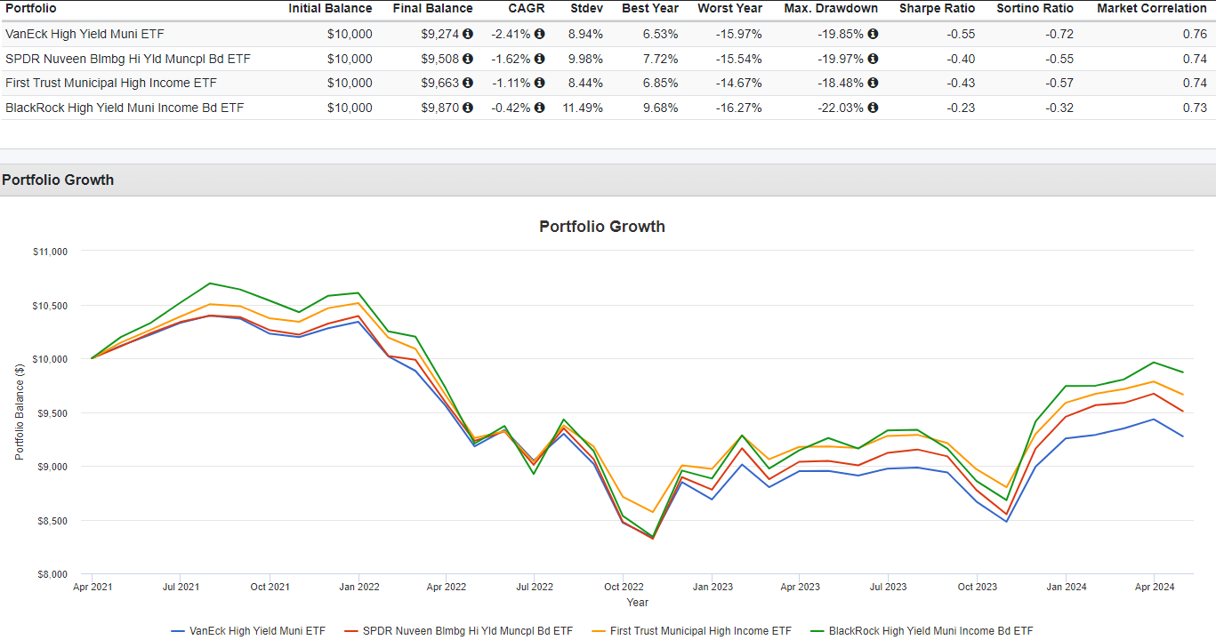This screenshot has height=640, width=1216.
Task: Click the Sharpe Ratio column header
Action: (937, 8)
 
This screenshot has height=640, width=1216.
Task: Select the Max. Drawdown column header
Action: (831, 8)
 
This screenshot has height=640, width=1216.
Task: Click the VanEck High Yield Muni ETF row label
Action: (85, 35)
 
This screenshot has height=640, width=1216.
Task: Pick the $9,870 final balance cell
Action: (440, 108)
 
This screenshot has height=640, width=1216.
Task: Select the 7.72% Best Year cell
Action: (659, 60)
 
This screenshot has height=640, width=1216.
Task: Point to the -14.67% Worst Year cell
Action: (738, 84)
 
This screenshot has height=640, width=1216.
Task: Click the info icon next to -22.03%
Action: (873, 108)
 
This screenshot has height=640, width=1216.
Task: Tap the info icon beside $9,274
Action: (468, 35)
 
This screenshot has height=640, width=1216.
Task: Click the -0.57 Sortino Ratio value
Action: (1059, 84)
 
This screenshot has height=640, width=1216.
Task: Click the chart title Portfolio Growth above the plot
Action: (602, 227)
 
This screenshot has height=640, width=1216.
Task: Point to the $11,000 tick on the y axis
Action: (50, 252)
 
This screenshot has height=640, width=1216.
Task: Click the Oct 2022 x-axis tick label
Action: (624, 587)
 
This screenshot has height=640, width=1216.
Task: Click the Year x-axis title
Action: (637, 603)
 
